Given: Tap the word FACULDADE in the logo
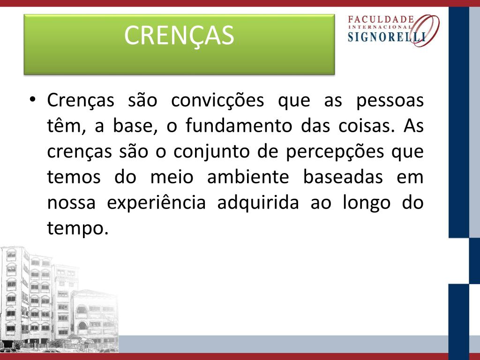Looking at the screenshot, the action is pyautogui.click(x=381, y=20).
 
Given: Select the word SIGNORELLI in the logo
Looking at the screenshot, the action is pyautogui.click(x=387, y=37).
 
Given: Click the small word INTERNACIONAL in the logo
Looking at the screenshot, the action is pyautogui.click(x=381, y=27).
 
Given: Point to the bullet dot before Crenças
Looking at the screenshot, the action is pyautogui.click(x=33, y=100).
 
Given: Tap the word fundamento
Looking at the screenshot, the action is pyautogui.click(x=239, y=125).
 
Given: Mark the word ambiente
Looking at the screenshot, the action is pyautogui.click(x=248, y=177).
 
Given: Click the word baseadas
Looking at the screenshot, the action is pyautogui.click(x=343, y=177).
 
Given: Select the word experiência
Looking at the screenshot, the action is pyautogui.click(x=156, y=202).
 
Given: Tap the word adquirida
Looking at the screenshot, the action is pyautogui.click(x=258, y=203).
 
